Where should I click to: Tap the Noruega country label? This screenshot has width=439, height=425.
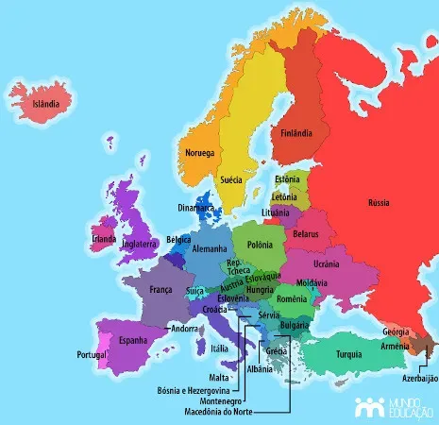pos(199,153)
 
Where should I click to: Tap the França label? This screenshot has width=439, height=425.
pos(160,290)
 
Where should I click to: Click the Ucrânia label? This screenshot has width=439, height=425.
pos(326,263)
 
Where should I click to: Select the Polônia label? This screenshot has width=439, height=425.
pos(260,246)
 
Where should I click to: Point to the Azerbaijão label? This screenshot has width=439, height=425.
pos(421,378)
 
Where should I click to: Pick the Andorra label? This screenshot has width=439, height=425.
pos(184,329)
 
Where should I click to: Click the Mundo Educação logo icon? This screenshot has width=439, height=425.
pos(367,407)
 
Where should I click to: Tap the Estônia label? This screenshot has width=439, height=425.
pos(287,179)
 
